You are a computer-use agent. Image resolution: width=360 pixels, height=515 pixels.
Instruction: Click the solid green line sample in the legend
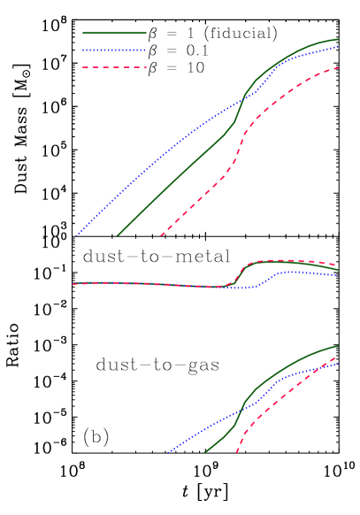(x=114, y=33)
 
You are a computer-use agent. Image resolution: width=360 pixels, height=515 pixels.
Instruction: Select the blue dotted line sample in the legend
(x=114, y=50)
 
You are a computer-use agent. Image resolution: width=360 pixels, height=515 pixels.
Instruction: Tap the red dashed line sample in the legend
(x=114, y=67)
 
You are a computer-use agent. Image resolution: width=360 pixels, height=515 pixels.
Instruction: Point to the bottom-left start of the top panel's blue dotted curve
(x=76, y=237)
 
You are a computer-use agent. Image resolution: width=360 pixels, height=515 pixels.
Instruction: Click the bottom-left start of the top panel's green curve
(x=118, y=236)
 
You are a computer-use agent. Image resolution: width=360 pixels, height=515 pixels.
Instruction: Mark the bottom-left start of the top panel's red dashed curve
(x=160, y=237)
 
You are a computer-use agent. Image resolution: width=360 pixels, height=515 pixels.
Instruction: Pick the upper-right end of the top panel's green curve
(x=339, y=39)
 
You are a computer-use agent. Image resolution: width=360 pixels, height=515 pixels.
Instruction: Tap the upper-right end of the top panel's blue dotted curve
(x=339, y=46)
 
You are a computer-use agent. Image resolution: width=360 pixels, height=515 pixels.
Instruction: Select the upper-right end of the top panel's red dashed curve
(x=339, y=67)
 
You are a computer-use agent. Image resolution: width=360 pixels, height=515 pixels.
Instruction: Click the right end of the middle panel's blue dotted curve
(x=339, y=274)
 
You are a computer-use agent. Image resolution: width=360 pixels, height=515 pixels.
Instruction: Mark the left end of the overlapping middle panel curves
(x=73, y=284)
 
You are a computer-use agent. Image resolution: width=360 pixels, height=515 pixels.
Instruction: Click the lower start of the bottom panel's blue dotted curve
(x=167, y=453)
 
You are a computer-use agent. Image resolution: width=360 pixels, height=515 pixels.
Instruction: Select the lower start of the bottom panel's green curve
(x=204, y=453)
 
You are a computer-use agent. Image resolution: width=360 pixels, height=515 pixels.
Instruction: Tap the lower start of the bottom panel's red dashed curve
(x=236, y=453)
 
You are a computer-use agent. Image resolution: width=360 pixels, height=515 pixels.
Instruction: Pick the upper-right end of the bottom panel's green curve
(x=339, y=346)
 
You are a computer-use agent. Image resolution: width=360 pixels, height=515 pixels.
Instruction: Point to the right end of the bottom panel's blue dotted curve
(x=339, y=363)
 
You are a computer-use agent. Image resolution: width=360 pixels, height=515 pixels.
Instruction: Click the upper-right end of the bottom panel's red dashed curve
(x=336, y=357)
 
